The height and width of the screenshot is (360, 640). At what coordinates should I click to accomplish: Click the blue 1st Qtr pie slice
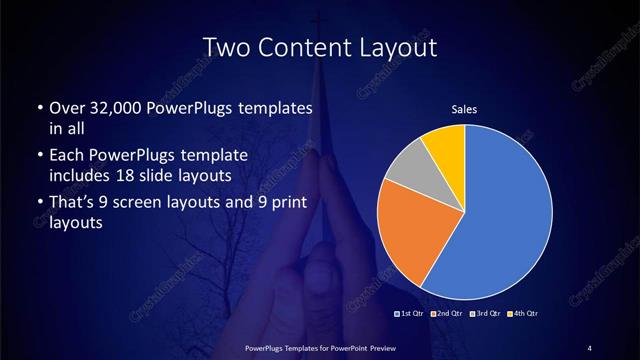500,220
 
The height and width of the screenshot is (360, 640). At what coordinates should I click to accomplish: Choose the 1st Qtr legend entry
410,315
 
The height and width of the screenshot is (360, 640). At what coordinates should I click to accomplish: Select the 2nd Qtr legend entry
447,315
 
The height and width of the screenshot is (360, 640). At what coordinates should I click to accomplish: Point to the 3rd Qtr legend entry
485,315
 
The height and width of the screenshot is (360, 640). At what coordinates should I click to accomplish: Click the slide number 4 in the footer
590,347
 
